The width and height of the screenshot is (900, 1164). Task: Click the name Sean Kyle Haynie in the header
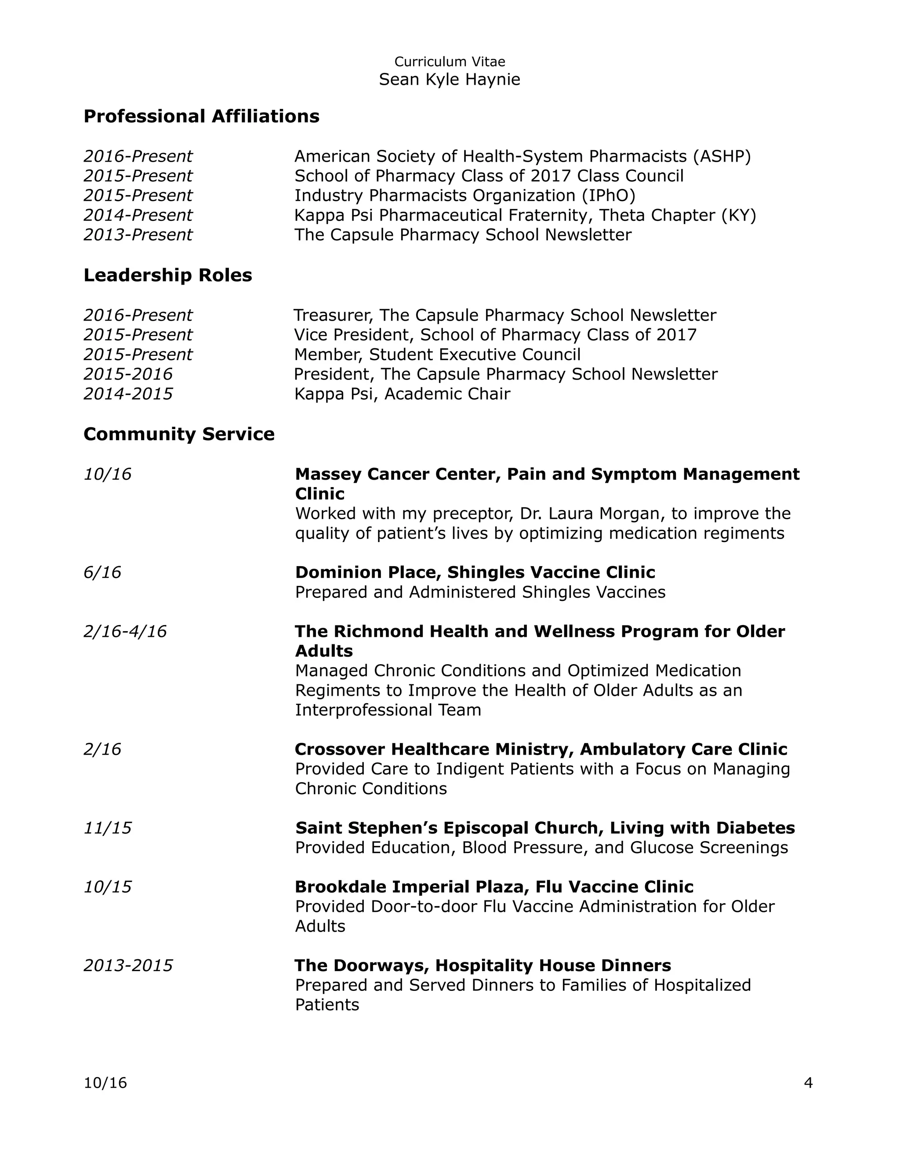(x=450, y=80)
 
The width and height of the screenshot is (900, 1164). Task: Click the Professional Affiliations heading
(x=202, y=116)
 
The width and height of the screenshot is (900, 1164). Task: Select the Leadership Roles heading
(x=167, y=275)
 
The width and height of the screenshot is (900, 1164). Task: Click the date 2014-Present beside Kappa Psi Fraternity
(x=138, y=215)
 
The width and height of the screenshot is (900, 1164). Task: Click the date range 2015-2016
(x=128, y=374)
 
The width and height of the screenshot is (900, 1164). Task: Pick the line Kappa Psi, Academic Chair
(x=402, y=394)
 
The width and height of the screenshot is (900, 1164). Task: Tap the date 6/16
(x=102, y=572)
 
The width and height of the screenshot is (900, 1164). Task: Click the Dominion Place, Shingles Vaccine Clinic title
(x=475, y=572)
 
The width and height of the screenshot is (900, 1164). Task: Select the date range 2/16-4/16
(x=125, y=632)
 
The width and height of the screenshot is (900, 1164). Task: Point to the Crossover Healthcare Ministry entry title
(x=541, y=749)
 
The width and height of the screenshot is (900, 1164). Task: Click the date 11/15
(x=107, y=828)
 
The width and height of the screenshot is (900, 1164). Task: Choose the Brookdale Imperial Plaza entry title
(x=494, y=887)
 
